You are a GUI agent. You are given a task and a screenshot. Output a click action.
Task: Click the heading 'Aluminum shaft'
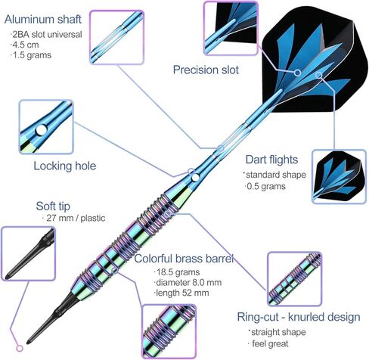coord(43,20)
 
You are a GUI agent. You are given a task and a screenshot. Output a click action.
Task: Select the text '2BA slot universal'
coord(47,34)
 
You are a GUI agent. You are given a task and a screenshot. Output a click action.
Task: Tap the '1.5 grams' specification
coord(32,55)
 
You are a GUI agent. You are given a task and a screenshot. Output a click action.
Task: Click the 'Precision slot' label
coord(206,70)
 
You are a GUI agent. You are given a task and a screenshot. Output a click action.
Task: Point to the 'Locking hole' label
coord(65,166)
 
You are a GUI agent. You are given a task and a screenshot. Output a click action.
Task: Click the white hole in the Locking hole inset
coord(42,130)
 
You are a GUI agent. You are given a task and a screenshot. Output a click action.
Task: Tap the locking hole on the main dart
coord(195,178)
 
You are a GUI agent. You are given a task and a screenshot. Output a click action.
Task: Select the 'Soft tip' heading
coord(53,206)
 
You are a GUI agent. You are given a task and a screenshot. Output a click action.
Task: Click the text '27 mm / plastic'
coord(76,218)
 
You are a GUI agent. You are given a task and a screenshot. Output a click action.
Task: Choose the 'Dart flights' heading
coord(271,160)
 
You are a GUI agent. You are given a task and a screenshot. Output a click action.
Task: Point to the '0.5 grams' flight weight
coord(266,187)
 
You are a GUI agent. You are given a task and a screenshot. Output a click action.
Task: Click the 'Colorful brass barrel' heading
coord(184,259)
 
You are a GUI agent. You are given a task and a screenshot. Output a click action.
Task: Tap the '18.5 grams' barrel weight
coord(178,272)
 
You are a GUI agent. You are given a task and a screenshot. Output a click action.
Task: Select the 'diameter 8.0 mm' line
coord(188,283)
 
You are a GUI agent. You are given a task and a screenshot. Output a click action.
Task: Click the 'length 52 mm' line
coord(182,293)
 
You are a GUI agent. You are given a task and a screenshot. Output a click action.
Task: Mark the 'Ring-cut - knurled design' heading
coord(299,317)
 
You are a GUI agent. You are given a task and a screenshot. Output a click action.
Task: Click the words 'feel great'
coord(270,343)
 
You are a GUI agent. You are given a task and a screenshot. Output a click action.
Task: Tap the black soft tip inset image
coord(29,253)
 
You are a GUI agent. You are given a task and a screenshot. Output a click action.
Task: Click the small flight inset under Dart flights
coord(339,176)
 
